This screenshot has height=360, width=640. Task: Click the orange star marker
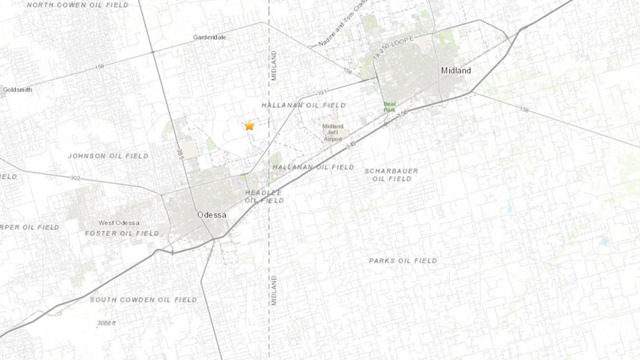249,126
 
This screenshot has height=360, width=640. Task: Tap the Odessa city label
212,215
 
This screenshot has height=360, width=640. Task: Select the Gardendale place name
209,37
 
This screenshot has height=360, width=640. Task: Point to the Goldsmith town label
17,90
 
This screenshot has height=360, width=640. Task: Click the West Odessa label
118,223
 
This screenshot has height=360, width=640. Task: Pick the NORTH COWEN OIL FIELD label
77,5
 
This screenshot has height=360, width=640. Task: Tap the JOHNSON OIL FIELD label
108,156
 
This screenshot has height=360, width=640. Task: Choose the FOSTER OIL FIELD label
122,233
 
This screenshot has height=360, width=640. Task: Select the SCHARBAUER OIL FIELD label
391,175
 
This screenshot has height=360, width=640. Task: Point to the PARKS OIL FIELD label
403,261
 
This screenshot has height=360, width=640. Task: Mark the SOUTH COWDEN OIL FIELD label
144,300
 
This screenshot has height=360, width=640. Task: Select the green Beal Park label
389,107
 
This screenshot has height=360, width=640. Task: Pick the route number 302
75,178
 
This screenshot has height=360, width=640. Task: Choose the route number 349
351,145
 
